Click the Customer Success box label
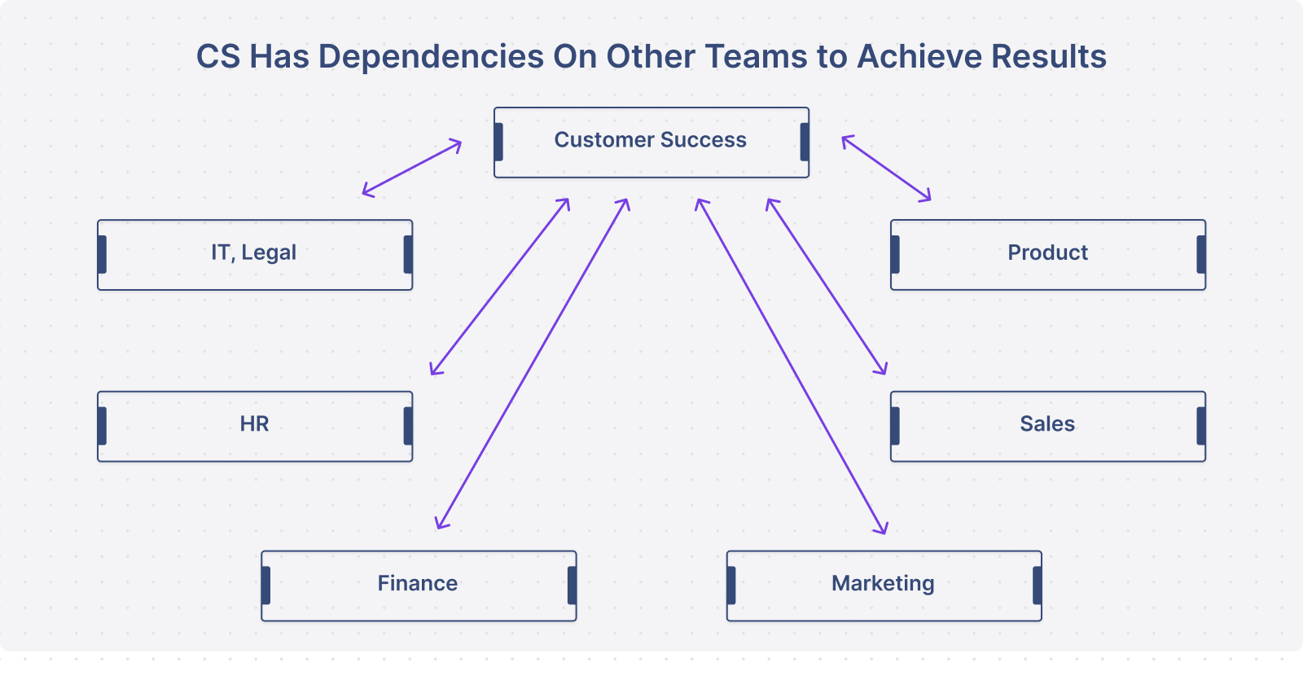(651, 139)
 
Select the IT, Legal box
(255, 255)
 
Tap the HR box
(255, 427)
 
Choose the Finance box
(419, 586)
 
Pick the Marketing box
(884, 586)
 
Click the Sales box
(1048, 427)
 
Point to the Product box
(1048, 255)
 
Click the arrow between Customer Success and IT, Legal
(412, 168)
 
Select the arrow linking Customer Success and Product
(887, 169)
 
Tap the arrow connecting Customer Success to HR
(500, 286)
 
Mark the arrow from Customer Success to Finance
(533, 363)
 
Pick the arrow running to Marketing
(791, 366)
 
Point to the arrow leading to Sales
(827, 286)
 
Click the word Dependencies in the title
(431, 56)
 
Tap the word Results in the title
(1049, 56)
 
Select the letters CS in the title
(218, 56)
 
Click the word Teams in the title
(757, 56)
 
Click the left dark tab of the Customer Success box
(498, 142)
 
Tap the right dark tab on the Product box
(1201, 254)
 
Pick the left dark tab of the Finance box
(265, 586)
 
